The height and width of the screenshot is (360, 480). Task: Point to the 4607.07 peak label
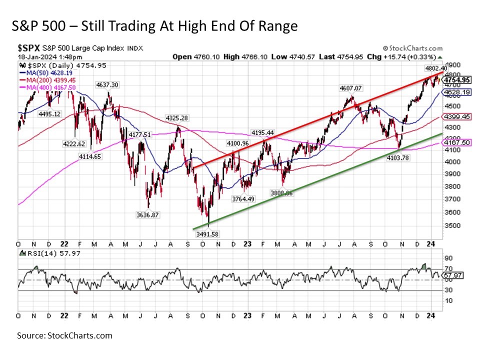(x=350, y=88)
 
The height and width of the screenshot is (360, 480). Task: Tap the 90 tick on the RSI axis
(x=449, y=258)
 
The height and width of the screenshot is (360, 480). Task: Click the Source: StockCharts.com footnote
(x=64, y=335)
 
